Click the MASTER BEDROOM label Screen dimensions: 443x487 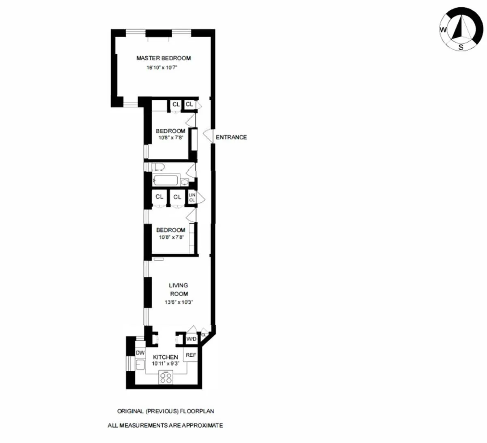pos(163,58)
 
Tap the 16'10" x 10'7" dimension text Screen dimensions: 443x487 pos(162,68)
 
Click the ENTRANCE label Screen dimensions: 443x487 pos(231,137)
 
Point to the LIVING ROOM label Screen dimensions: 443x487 pos(179,289)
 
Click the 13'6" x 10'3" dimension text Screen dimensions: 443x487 pos(179,302)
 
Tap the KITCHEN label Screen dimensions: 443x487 pos(165,357)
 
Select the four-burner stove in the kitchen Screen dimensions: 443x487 pos(166,377)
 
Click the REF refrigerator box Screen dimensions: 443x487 pos(191,355)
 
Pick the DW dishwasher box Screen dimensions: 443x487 pos(140,353)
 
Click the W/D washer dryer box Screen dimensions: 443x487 pos(191,339)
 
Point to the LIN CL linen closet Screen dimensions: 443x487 pos(192,197)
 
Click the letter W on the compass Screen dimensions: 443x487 pos(443,30)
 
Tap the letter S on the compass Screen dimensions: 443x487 pos(461,47)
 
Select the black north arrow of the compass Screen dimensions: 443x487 pos(459,28)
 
